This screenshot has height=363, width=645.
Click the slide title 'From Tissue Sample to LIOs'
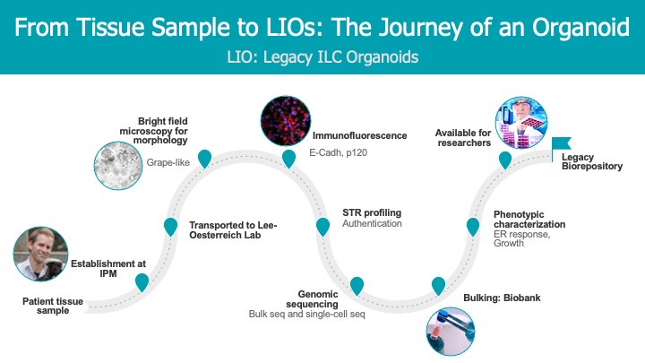click(x=322, y=27)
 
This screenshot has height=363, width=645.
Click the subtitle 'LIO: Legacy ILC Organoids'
click(x=322, y=56)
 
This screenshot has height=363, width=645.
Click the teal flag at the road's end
click(x=563, y=143)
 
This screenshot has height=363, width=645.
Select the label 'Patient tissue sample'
click(x=53, y=307)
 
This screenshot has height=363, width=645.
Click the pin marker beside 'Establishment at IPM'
click(x=142, y=281)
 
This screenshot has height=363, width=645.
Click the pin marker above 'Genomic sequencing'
click(x=357, y=285)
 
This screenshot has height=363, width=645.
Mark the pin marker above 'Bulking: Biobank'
click(x=439, y=285)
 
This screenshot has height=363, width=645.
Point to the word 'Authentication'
click(x=372, y=223)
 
